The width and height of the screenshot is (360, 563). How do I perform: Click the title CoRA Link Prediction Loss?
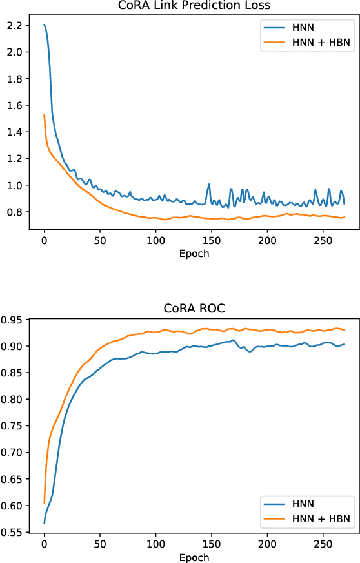(194, 6)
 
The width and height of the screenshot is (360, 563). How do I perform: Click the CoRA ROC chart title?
(194, 309)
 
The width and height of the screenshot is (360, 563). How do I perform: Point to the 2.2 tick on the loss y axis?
(15, 25)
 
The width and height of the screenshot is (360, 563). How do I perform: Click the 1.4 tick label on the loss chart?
(15, 132)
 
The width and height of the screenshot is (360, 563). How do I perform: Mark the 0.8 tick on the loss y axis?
(15, 212)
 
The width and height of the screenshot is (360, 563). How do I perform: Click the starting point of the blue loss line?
(44, 25)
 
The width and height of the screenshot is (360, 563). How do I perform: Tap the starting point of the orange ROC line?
(44, 503)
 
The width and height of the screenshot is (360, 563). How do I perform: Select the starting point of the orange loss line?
(44, 115)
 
